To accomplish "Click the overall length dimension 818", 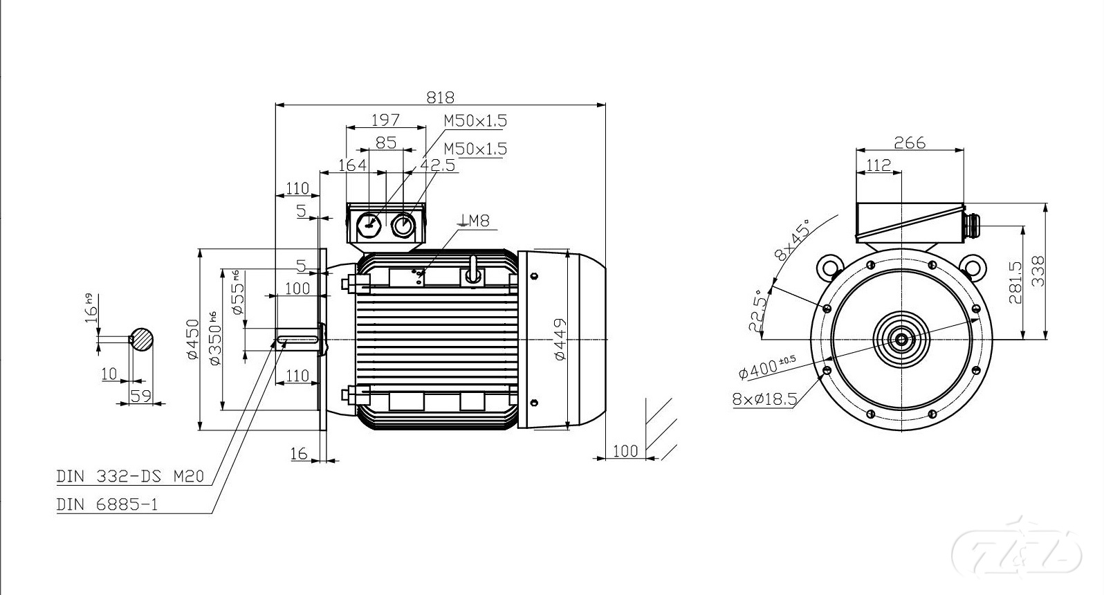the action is coord(440,98).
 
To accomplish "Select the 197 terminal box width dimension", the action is coord(385,120).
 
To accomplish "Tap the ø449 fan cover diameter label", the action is coord(560,340).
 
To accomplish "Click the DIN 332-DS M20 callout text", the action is coord(130,476).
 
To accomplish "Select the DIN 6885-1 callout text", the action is coord(107,505).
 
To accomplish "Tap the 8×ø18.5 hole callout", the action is coord(764,399).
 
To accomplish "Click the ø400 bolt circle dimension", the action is coord(767,367).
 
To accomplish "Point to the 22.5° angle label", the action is coord(759,311).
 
